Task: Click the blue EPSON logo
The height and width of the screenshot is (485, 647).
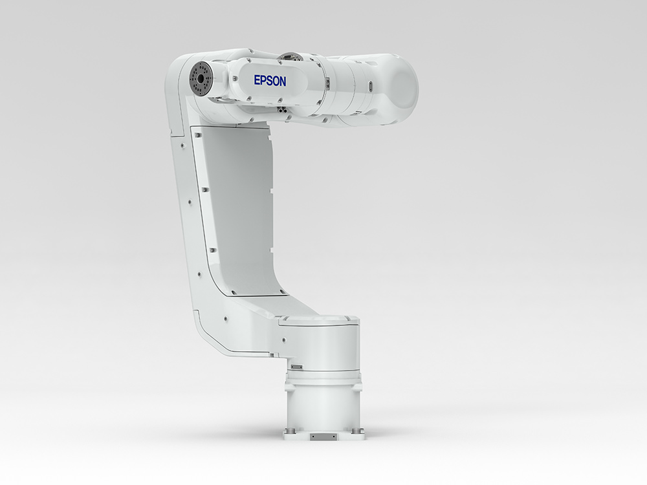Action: pyautogui.click(x=270, y=80)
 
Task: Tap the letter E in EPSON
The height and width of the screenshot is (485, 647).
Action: pyautogui.click(x=257, y=80)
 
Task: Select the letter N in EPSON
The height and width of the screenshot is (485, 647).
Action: pyautogui.click(x=283, y=81)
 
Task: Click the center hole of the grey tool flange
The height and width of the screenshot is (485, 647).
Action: pyautogui.click(x=199, y=78)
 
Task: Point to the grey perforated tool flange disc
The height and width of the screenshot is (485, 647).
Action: pyautogui.click(x=200, y=79)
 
